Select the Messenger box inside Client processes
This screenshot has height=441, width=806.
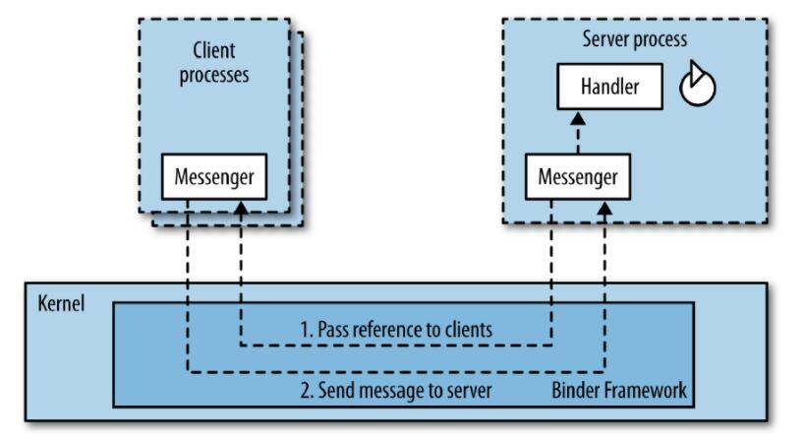pos(213,177)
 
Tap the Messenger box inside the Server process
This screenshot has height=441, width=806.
pos(579,177)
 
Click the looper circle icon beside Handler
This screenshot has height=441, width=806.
pos(697,87)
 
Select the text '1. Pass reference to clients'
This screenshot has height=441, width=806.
pos(395,330)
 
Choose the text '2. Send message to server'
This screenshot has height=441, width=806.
pos(395,391)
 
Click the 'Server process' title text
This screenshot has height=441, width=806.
pos(634,39)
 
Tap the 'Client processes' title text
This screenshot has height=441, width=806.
pos(213,62)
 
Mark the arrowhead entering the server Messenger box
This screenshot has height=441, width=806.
pos(606,207)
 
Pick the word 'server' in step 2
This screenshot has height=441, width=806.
pos(468,391)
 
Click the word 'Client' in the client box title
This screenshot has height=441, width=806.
pos(213,50)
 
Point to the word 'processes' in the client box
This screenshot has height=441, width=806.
pos(213,75)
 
